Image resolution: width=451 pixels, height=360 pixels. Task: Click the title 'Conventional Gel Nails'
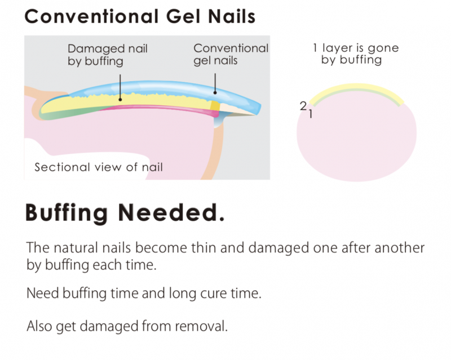tap(140, 16)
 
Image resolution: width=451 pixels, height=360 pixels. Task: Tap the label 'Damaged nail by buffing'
tap(107, 55)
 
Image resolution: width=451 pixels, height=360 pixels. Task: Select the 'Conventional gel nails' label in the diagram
tap(231, 55)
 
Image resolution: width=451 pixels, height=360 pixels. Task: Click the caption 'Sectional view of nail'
tap(98, 167)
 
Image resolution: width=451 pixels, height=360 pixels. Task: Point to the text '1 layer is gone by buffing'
tap(356, 54)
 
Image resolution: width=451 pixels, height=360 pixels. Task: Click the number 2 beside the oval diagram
tap(303, 106)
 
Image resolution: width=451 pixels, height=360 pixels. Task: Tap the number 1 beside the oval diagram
tap(311, 114)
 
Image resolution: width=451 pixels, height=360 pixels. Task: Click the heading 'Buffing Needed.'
tap(125, 213)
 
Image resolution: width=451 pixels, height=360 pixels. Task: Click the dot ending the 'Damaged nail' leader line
tap(120, 100)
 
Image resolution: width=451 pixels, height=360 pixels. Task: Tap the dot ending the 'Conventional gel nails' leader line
tap(215, 92)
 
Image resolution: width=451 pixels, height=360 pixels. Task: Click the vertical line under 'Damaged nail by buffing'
tap(120, 86)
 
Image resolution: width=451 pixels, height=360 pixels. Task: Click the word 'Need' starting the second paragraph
tap(43, 294)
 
